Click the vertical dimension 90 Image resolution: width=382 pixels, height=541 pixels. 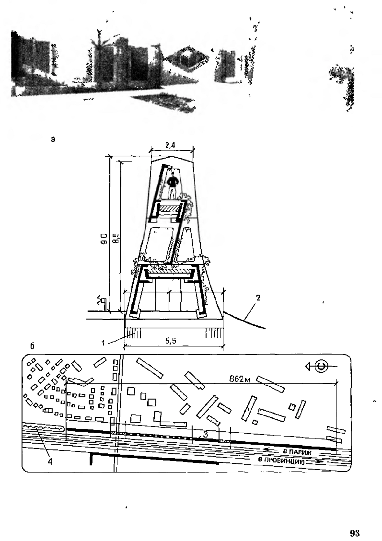104,239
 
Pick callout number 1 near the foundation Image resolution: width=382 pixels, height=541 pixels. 103,343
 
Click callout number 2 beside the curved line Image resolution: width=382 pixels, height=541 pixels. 258,298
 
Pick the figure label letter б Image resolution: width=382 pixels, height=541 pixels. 32,346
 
